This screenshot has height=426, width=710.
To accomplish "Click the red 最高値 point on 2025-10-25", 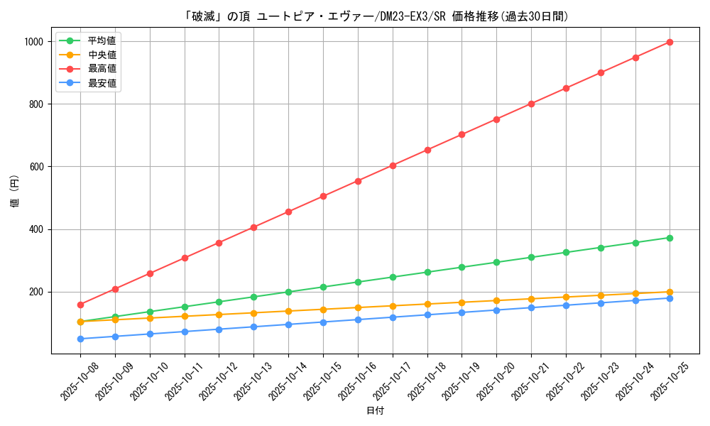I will click(x=670, y=42).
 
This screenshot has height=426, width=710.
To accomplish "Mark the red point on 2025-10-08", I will click(x=80, y=305).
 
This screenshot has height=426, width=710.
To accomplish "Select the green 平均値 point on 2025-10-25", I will click(x=670, y=238).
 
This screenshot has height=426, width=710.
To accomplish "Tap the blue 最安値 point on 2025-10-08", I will click(x=80, y=339).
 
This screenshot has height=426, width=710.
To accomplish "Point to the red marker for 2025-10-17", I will click(x=393, y=165).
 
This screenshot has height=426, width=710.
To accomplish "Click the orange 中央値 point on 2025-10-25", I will click(x=670, y=292).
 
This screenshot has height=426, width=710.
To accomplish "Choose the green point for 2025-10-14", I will click(x=288, y=292).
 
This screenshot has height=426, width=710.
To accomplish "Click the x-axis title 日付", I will click(x=375, y=411).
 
